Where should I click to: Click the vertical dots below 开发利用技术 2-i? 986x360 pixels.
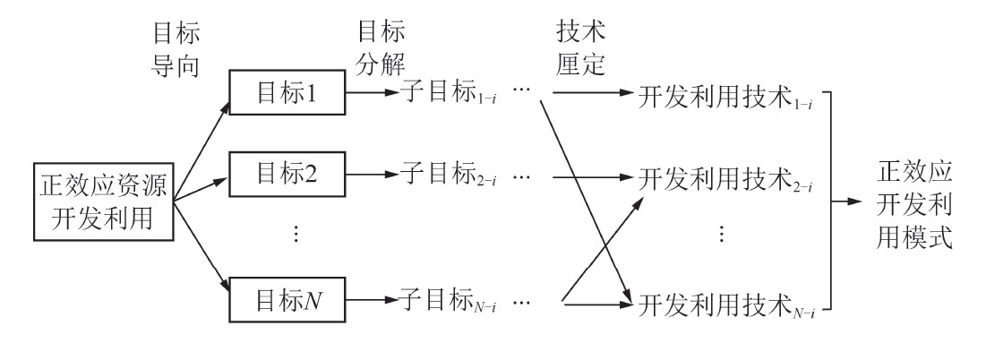tap(722, 235)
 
